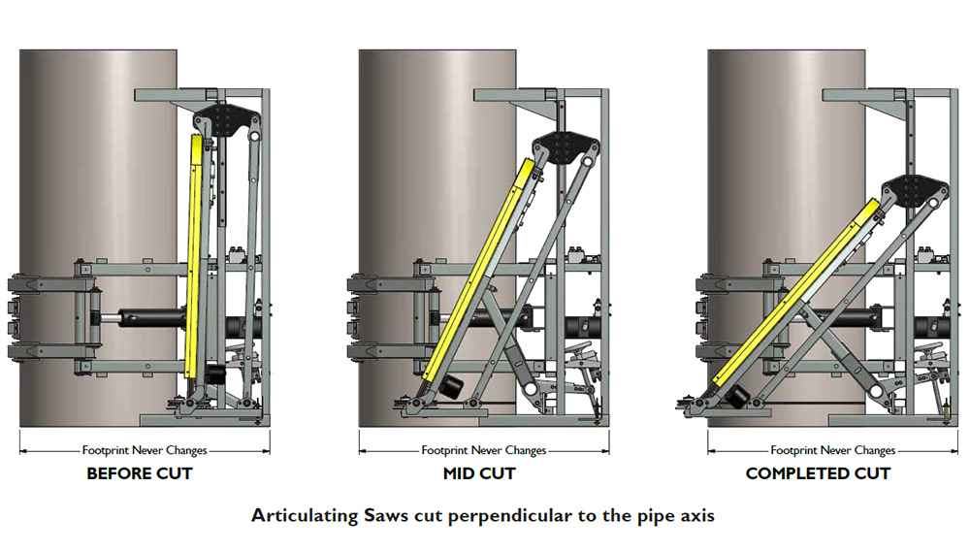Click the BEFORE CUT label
pos(140,474)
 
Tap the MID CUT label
pos(479,474)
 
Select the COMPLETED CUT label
pos(818,474)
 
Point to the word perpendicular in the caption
pos(510,516)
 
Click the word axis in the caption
pos(697,516)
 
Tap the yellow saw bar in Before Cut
pos(194,257)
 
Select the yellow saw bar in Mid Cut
pos(479,271)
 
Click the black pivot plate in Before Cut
pos(225,120)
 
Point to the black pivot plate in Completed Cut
pos(915,190)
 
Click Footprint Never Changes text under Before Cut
pos(145,450)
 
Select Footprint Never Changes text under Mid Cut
pos(484,450)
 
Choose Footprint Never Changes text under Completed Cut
pos(832,450)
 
